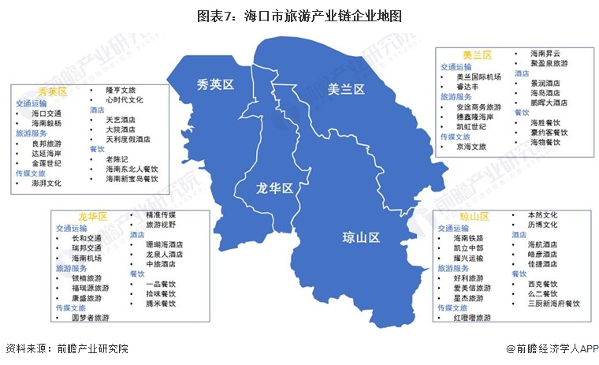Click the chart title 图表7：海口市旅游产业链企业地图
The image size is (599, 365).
click(299, 15)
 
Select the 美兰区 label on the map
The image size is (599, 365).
click(346, 90)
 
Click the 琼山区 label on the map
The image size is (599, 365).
click(361, 237)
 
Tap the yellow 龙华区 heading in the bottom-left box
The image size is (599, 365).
click(92, 216)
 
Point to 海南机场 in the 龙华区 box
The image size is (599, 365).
click(87, 258)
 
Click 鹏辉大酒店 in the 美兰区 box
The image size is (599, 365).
click(549, 102)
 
